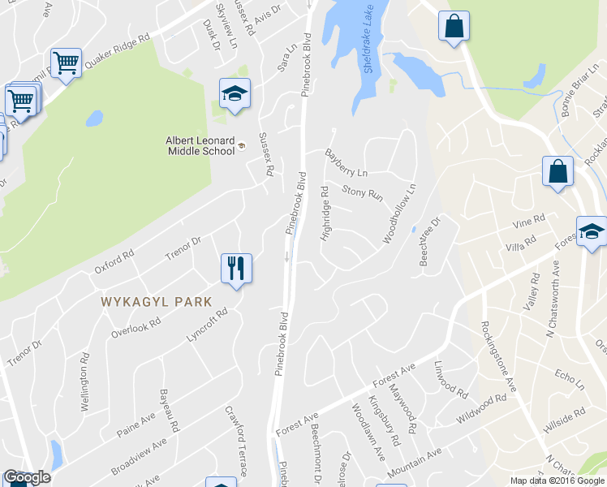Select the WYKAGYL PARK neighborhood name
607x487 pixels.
[x=156, y=302]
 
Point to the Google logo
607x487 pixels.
[x=27, y=477]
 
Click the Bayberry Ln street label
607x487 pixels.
[x=347, y=162]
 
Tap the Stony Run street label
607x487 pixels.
[x=362, y=193]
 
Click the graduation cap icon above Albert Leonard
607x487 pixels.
[x=235, y=94]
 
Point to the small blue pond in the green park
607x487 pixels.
[x=94, y=119]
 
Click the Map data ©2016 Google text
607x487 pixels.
[x=557, y=481]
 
